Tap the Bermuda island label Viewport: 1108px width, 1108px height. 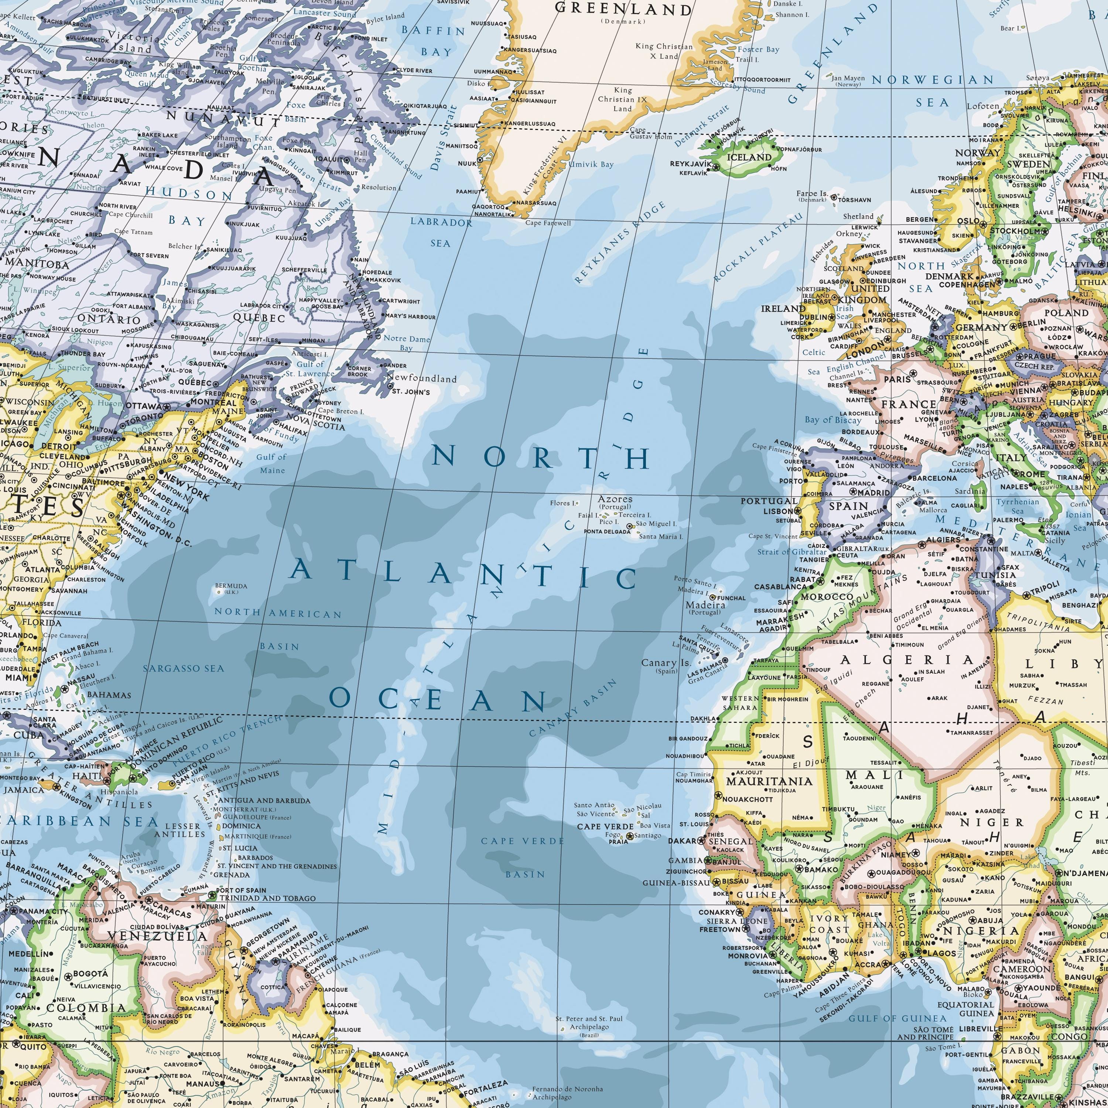pos(231,586)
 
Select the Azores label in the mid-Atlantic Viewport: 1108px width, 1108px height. pos(615,499)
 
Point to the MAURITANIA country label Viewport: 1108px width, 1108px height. pos(769,781)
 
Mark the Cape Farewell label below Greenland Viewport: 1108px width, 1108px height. pos(548,223)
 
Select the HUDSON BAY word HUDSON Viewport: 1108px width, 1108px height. pos(189,195)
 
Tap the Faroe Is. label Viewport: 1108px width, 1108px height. pos(811,193)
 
